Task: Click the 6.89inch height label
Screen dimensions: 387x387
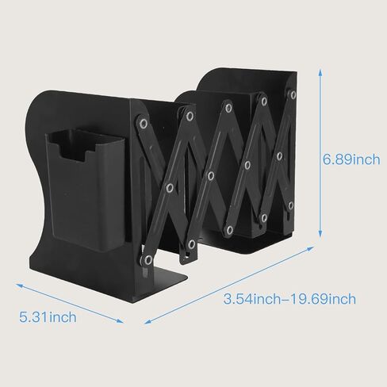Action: pos(351,159)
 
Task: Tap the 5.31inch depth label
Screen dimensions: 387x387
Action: pos(48,317)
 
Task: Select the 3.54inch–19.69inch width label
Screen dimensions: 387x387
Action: pos(289,299)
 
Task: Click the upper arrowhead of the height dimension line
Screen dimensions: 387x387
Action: pos(320,73)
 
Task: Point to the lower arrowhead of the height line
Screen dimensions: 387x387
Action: pos(320,233)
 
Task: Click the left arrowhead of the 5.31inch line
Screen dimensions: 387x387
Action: pos(20,285)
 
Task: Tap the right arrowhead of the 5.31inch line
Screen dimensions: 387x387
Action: pos(120,320)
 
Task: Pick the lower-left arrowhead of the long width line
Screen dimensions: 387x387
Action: pos(148,322)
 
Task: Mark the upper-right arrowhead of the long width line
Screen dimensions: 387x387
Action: pos(310,248)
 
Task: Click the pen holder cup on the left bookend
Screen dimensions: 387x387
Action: pos(85,189)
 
